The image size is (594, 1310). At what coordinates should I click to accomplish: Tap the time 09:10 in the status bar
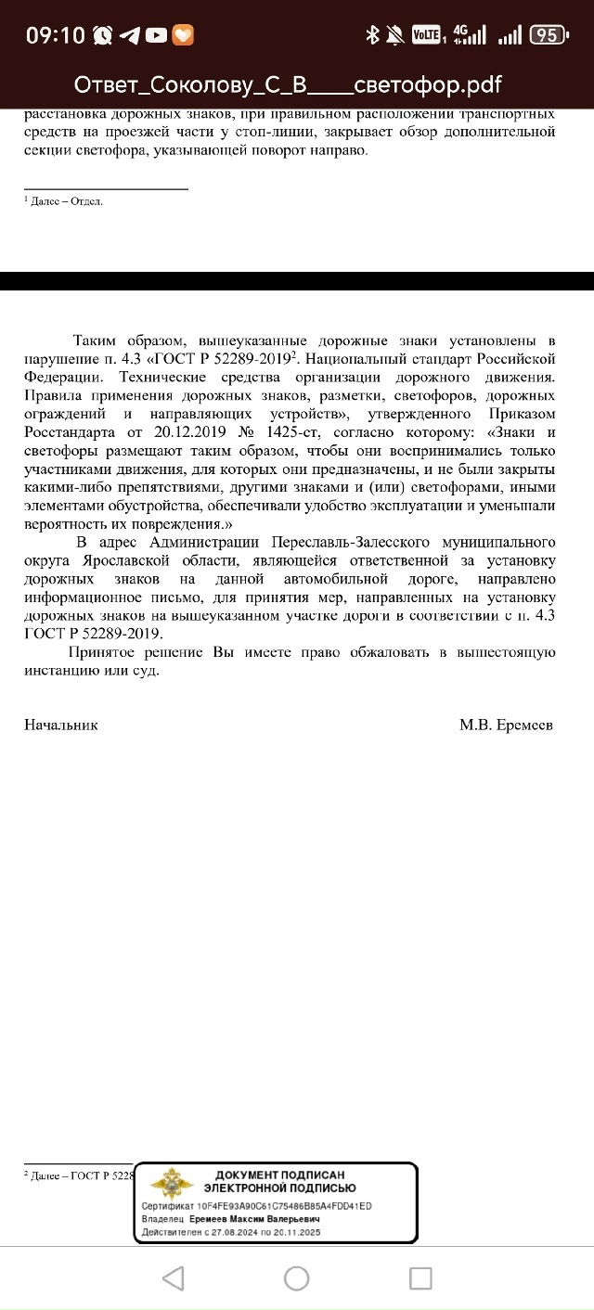[55, 35]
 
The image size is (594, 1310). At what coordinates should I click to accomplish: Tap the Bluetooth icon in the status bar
[372, 35]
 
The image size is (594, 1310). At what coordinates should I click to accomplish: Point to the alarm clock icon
[103, 35]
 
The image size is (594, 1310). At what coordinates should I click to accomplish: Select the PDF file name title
[288, 85]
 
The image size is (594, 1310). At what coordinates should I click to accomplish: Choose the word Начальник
[60, 725]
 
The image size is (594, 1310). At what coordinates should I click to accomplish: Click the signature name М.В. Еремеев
[506, 725]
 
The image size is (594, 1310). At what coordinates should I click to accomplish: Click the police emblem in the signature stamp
[173, 1187]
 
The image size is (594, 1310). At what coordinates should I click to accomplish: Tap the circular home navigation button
[296, 1278]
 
